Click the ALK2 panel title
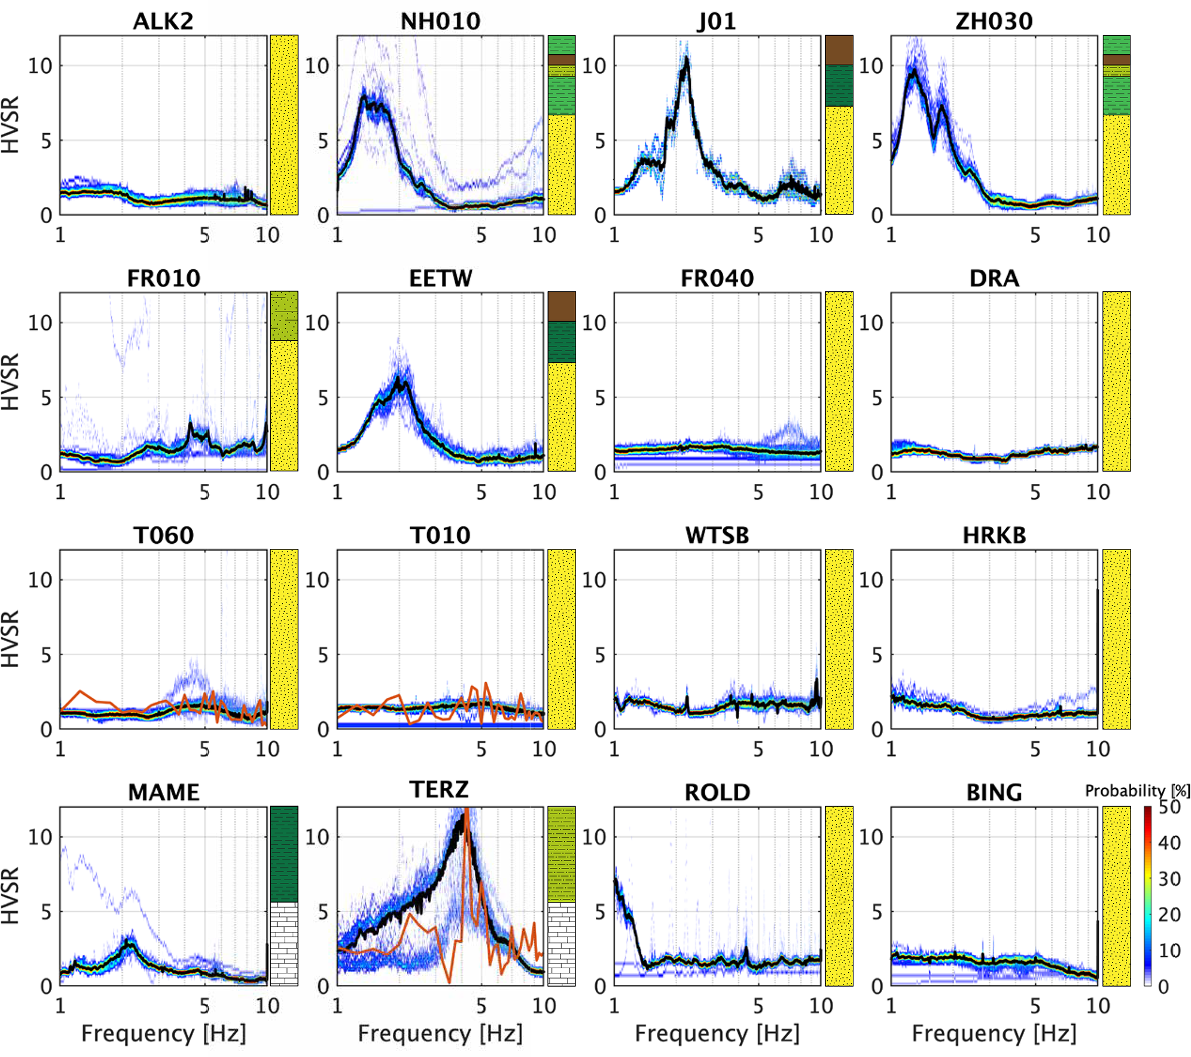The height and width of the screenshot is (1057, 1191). (x=163, y=21)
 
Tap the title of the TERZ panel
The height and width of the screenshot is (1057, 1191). (x=438, y=790)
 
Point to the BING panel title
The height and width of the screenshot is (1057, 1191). (x=994, y=793)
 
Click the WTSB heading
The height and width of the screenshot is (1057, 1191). (x=717, y=536)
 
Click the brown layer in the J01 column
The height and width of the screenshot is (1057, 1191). (x=839, y=50)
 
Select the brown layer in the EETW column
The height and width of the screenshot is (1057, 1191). (x=562, y=307)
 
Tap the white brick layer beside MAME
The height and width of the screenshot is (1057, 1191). (x=284, y=944)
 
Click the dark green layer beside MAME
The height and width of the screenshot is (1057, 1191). (x=284, y=854)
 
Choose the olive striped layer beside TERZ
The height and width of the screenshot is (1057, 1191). (x=562, y=854)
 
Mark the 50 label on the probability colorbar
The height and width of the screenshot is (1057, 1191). (x=1169, y=807)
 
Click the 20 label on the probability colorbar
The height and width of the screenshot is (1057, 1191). (x=1169, y=915)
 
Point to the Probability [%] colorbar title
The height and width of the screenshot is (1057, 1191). (x=1137, y=791)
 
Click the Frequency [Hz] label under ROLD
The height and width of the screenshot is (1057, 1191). (x=717, y=1033)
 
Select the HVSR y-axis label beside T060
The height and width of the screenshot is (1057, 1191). (x=10, y=639)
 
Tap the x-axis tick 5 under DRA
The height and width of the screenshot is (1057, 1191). (x=1035, y=492)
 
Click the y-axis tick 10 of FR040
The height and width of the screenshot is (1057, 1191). (x=593, y=322)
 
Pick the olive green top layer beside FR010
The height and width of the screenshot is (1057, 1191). (x=284, y=316)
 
